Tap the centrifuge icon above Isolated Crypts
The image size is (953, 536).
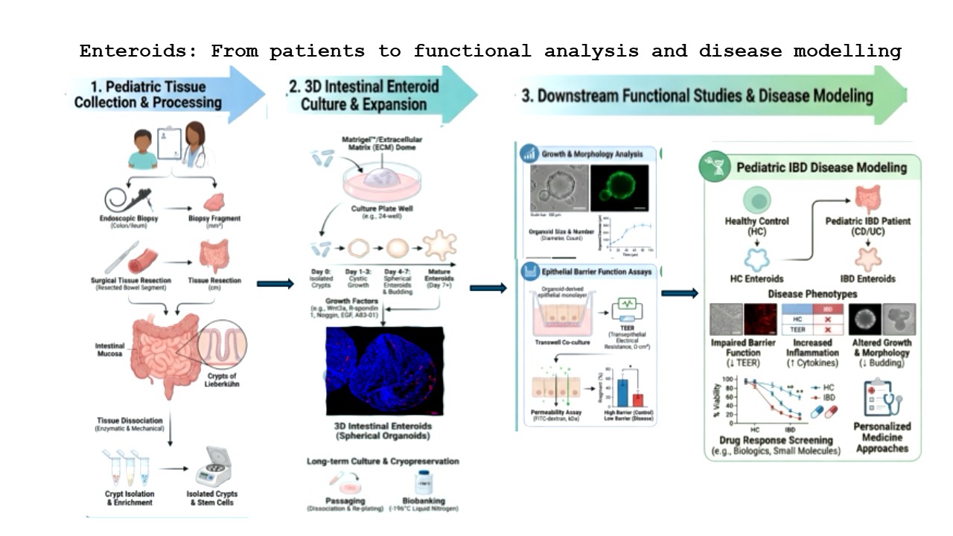tap(213, 468)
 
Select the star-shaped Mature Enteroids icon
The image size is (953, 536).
tap(439, 247)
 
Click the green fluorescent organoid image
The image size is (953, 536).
tap(619, 188)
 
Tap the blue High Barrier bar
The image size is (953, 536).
tap(622, 392)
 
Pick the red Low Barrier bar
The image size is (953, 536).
tap(637, 400)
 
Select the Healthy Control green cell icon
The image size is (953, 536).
tap(756, 200)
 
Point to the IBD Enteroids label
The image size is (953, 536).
tap(867, 278)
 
